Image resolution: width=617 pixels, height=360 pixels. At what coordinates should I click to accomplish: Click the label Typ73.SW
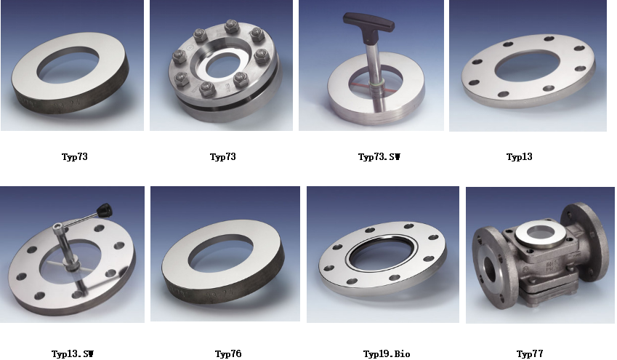(x=379, y=157)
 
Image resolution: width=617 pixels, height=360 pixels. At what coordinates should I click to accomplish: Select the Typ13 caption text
(x=519, y=157)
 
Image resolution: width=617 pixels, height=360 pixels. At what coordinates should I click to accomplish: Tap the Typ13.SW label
(x=73, y=353)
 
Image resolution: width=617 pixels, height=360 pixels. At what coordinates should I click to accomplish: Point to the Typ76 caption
(x=228, y=353)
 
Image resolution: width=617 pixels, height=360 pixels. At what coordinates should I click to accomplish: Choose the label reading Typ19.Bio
(x=387, y=353)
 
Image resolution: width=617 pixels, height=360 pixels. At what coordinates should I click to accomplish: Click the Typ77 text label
(x=530, y=353)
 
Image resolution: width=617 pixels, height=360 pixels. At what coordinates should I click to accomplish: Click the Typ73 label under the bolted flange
(x=222, y=157)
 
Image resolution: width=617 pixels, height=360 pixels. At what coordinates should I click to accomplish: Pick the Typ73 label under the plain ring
(x=74, y=157)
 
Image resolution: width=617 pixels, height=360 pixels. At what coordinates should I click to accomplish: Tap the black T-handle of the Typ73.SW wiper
(x=368, y=23)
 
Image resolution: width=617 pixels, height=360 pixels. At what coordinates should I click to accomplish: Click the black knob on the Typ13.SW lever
(x=105, y=210)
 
